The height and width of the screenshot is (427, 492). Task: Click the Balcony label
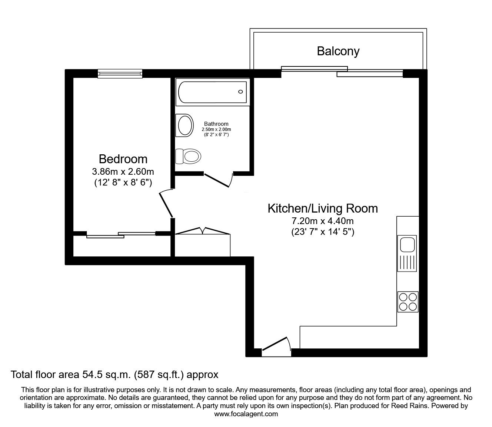click(338, 52)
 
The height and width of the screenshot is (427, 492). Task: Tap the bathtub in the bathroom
click(213, 92)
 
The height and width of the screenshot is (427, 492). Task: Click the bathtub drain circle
click(240, 92)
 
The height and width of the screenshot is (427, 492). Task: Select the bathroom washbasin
click(184, 125)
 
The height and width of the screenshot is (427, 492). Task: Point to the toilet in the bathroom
click(188, 157)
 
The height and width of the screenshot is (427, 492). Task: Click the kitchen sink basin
click(407, 244)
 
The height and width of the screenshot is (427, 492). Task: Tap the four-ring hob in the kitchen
click(408, 302)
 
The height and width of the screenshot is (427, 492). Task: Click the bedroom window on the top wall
click(120, 73)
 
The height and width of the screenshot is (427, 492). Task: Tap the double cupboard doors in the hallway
click(203, 231)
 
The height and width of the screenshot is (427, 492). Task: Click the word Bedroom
click(123, 159)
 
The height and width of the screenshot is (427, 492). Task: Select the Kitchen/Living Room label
click(323, 208)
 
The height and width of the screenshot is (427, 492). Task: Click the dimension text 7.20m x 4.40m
click(323, 221)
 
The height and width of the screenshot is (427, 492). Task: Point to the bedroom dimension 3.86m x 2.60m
click(123, 172)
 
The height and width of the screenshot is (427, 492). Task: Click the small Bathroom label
click(216, 124)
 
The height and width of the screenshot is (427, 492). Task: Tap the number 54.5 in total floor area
click(92, 375)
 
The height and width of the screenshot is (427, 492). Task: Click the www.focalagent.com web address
click(246, 414)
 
